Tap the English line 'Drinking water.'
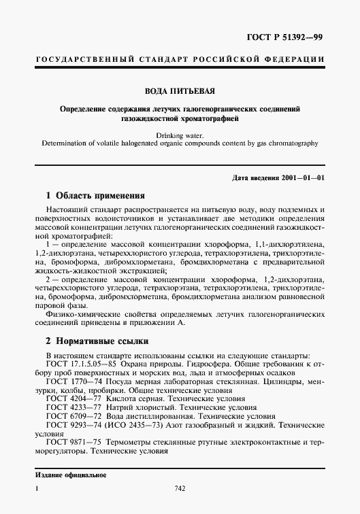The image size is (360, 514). point(179,135)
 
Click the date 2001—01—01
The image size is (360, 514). point(299,177)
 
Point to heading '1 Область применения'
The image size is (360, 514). point(90,195)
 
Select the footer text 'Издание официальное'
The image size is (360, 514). point(70,475)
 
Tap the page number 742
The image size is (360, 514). point(180,489)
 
